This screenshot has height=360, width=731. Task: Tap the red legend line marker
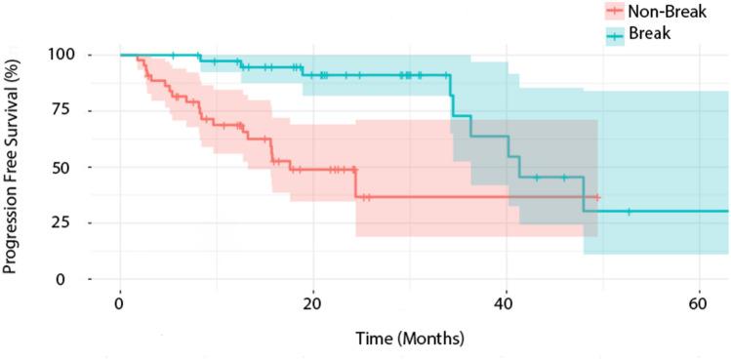coord(614,12)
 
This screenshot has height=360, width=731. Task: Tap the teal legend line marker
coord(614,34)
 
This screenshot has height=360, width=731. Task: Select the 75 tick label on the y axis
coord(67,111)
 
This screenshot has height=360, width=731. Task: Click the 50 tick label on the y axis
coord(67,167)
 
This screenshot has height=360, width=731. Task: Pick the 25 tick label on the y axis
coord(67,223)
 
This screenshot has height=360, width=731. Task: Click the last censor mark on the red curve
coord(597,197)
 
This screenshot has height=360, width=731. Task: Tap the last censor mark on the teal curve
coord(629,211)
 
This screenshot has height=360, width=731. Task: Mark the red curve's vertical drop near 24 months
coord(355,183)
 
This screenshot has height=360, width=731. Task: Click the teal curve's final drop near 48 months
coord(584,194)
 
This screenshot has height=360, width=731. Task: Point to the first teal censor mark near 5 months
coord(173,55)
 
